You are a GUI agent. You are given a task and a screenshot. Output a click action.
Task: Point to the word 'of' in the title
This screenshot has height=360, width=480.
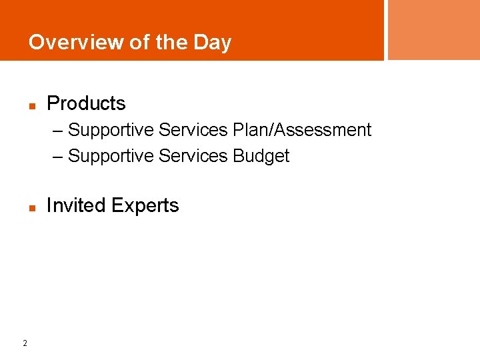point(139,42)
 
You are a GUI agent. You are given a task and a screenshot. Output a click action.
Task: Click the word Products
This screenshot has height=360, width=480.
point(86,103)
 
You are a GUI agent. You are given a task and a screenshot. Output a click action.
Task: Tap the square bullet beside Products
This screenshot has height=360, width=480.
point(31,105)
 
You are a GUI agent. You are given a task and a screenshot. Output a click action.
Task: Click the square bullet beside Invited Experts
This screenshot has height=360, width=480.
point(31,207)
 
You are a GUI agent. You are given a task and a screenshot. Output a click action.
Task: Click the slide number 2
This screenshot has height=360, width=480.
point(25,343)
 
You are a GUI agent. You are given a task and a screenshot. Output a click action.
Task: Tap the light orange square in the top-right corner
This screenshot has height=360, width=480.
point(433,30)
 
